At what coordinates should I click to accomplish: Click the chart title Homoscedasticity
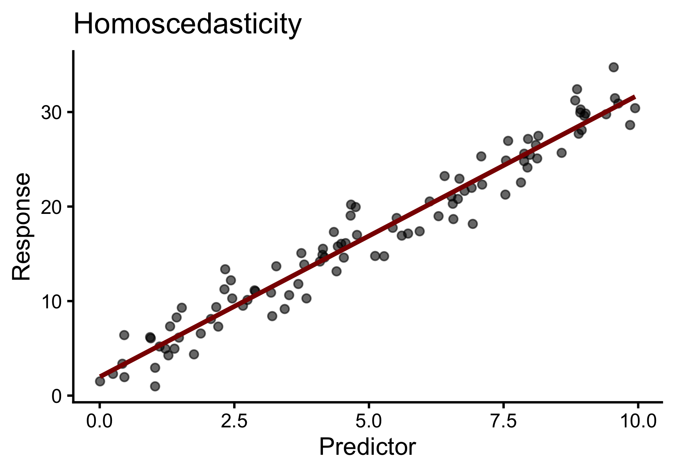point(187,25)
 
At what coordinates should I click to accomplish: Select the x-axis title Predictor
point(367,447)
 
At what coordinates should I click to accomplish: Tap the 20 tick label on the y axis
point(51,207)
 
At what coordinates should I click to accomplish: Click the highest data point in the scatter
point(614,67)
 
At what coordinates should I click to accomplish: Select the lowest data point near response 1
point(155,386)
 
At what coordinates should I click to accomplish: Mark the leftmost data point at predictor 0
point(100,381)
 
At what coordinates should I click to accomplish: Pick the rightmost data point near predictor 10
point(635,108)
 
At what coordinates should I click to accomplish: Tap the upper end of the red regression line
point(634,97)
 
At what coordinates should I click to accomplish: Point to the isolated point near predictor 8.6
point(562,153)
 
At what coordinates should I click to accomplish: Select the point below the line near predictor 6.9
point(473,224)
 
